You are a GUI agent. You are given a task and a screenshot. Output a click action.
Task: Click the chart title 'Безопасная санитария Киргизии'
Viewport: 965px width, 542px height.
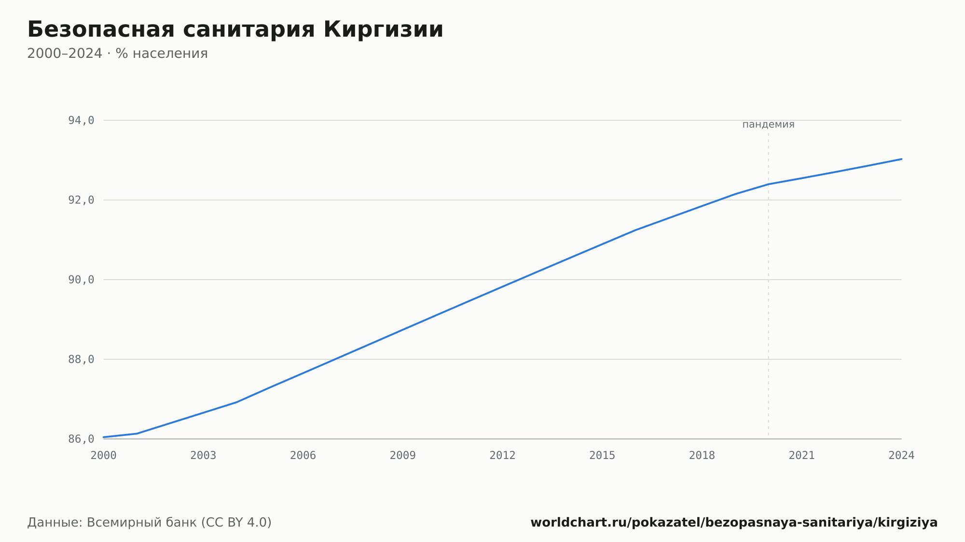[x=235, y=30]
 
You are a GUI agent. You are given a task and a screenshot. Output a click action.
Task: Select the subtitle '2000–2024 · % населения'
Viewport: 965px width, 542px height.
[x=117, y=54]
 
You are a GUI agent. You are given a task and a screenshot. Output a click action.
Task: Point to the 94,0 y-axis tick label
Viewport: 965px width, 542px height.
[x=81, y=121]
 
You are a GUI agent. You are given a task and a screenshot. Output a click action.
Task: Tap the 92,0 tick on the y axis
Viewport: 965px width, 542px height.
[x=81, y=200]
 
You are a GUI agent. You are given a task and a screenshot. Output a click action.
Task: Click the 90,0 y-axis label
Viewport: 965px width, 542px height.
[x=81, y=280]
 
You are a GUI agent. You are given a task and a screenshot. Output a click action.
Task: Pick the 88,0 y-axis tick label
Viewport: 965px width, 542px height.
[x=81, y=359]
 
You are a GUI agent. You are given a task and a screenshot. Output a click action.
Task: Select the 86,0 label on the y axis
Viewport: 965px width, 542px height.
[x=81, y=439]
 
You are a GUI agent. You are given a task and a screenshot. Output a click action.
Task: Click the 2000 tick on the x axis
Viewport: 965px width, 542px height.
[x=104, y=456]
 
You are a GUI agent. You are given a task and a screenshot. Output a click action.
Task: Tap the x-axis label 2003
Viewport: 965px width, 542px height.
[x=203, y=456]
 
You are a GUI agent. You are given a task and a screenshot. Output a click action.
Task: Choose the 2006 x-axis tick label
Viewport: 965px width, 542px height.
[x=303, y=456]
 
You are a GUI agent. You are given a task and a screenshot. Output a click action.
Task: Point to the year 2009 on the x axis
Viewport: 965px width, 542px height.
[x=403, y=456]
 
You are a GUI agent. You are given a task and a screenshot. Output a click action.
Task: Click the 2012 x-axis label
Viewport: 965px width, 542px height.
[x=503, y=456]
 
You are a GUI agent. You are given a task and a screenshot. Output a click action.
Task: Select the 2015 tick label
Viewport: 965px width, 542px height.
[x=602, y=456]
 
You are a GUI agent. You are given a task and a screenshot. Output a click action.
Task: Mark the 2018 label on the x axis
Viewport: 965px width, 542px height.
[x=702, y=456]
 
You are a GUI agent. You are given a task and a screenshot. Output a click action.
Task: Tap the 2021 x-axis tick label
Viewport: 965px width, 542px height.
[x=802, y=456]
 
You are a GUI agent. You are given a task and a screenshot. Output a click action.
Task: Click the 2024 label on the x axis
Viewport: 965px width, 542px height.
[x=901, y=456]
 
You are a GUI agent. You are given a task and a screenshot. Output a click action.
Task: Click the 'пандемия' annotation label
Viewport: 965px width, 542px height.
[x=768, y=124]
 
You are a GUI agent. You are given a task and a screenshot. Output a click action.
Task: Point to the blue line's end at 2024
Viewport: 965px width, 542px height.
[x=901, y=159]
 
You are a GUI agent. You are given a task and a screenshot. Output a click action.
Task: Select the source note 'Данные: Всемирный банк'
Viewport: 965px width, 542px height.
[x=112, y=523]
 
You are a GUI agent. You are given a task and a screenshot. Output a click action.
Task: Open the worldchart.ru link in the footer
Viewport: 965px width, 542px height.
[x=734, y=523]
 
